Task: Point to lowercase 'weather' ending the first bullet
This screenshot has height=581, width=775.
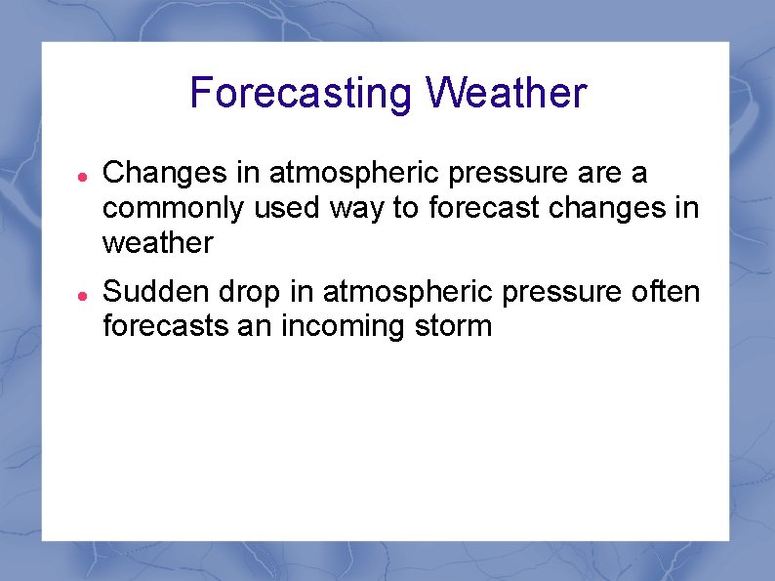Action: [157, 243]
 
